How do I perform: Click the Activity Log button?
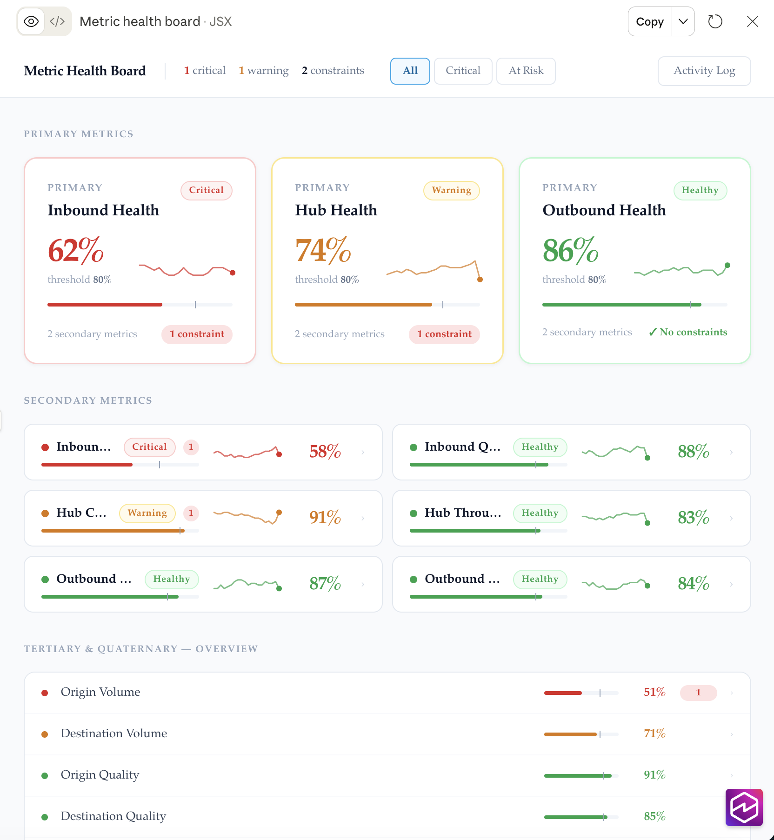point(704,71)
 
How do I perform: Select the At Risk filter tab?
point(526,71)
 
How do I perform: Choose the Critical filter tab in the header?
point(463,71)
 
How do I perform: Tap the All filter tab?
point(410,71)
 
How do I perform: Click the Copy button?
point(650,21)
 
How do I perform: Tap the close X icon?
point(753,21)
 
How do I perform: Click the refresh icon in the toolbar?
point(715,21)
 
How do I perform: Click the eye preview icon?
point(31,21)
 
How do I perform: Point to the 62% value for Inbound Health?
point(76,250)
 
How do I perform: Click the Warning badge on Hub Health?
point(452,190)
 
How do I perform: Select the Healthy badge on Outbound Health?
point(700,190)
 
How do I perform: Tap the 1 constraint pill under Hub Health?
point(444,334)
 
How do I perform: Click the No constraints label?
point(688,332)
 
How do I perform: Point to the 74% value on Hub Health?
point(323,250)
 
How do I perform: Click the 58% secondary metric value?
point(325,452)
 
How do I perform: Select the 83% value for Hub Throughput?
point(694,518)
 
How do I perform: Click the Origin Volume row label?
point(100,692)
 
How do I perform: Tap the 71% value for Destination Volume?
point(654,733)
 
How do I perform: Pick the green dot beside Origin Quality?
point(45,775)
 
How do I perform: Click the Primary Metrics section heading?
point(79,134)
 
